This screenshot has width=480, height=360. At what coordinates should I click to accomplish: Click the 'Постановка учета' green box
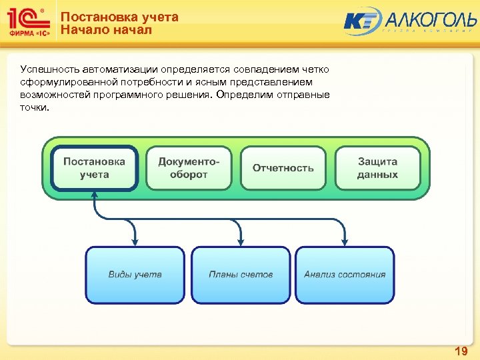pyautogui.click(x=94, y=168)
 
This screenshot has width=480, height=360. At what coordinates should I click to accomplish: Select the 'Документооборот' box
pyautogui.click(x=188, y=168)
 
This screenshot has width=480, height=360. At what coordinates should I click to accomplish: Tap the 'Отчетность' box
pyautogui.click(x=283, y=168)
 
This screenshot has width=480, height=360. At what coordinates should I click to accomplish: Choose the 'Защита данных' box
pyautogui.click(x=377, y=168)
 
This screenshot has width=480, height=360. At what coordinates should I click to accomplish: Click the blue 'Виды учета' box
pyautogui.click(x=135, y=275)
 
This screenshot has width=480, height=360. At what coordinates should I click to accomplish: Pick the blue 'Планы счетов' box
pyautogui.click(x=240, y=275)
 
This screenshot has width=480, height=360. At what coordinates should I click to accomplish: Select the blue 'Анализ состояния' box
pyautogui.click(x=345, y=275)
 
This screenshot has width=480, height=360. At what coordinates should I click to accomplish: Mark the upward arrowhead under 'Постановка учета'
pyautogui.click(x=95, y=195)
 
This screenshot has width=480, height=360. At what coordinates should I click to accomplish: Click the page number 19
pyautogui.click(x=461, y=351)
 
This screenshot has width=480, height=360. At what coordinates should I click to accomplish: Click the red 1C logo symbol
pyautogui.click(x=27, y=18)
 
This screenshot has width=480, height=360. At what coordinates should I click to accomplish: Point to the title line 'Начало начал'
pyautogui.click(x=106, y=30)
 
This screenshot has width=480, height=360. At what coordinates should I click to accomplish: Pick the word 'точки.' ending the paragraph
pyautogui.click(x=35, y=107)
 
